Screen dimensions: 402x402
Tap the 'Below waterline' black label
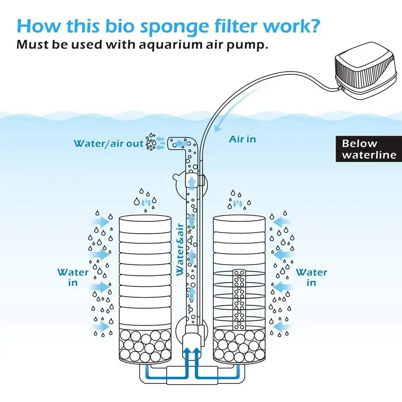pyautogui.click(x=368, y=149)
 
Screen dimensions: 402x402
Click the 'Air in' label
pyautogui.click(x=242, y=139)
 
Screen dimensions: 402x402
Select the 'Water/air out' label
pyautogui.click(x=109, y=144)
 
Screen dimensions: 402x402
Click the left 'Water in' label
pyautogui.click(x=73, y=277)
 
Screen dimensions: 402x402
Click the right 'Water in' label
pyautogui.click(x=311, y=277)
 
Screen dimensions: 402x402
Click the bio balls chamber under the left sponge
pyautogui.click(x=145, y=345)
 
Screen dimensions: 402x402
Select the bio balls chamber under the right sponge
pyautogui.click(x=239, y=345)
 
